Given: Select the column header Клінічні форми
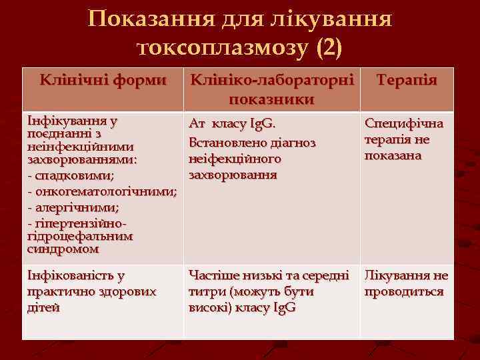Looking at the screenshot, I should pos(103,81).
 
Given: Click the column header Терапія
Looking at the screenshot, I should pos(407,81).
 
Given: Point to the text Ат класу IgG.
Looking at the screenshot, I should pos(232,124).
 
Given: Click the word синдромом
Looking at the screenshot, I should pos(63,249).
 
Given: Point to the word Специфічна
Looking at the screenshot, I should pos(403,125).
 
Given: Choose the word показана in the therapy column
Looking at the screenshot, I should pos(393,155).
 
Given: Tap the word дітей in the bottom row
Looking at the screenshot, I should pos(43,307).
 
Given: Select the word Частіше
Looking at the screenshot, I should pos(215,275).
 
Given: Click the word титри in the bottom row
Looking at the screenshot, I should pos(207,291).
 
